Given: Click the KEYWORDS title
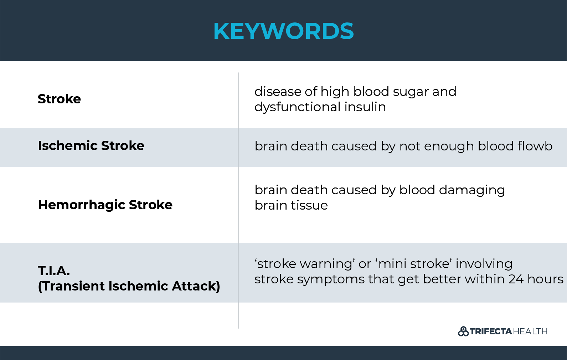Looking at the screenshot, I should (x=283, y=31).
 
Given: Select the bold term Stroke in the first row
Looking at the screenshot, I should (x=59, y=99).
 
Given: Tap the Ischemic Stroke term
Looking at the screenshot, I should (x=91, y=145).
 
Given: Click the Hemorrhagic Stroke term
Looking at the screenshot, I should (x=105, y=205).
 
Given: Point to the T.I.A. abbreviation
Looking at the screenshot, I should (x=54, y=271).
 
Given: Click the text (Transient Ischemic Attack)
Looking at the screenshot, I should (x=129, y=286).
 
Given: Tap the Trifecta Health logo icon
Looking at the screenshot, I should (x=463, y=331).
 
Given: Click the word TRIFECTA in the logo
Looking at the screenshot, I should (x=491, y=331).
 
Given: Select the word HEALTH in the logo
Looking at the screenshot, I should (x=530, y=331).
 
